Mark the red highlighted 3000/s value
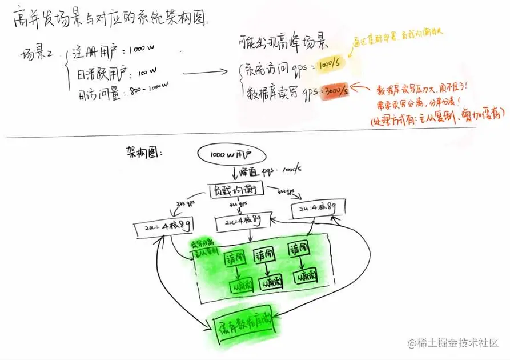(x=335, y=91)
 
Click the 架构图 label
(x=143, y=153)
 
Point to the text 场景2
(x=36, y=55)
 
